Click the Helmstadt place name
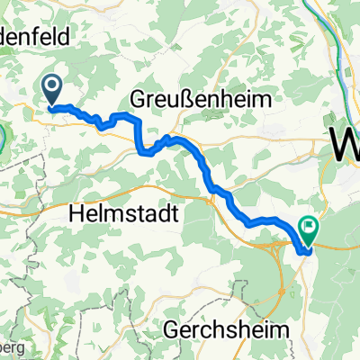(x=122, y=213)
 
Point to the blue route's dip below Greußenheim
(x=144, y=151)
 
